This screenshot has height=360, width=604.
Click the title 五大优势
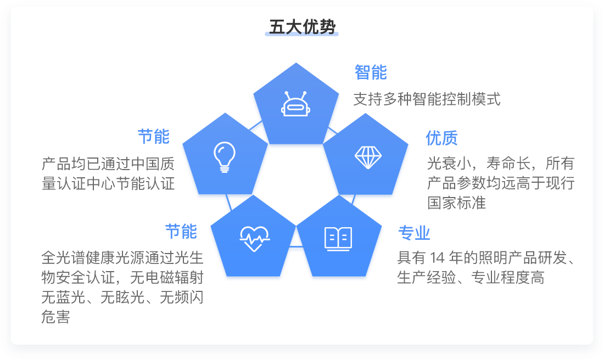302,27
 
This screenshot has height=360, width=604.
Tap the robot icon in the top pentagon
295,104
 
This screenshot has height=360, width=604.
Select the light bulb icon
225,157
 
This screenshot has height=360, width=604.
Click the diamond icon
368,157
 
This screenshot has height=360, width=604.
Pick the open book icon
338,239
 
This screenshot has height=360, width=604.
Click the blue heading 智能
371,72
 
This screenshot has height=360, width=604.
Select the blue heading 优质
441,138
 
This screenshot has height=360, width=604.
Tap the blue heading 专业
414,233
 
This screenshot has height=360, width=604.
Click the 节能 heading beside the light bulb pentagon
154,137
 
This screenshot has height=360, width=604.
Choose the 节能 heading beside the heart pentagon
181,232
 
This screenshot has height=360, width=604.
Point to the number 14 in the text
437,258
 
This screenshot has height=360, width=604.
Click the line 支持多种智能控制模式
427,99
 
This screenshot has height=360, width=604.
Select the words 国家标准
456,203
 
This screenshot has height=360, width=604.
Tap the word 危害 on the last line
56,317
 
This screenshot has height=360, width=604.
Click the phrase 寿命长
508,164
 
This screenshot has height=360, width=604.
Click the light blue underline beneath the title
301,34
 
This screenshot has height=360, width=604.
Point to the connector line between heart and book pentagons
296,246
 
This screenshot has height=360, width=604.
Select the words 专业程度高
508,278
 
